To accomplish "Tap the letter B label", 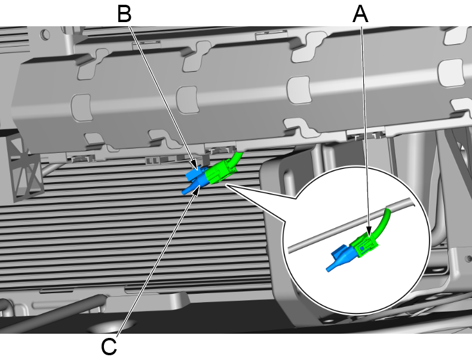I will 124,13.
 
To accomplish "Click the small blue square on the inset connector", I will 362,247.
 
